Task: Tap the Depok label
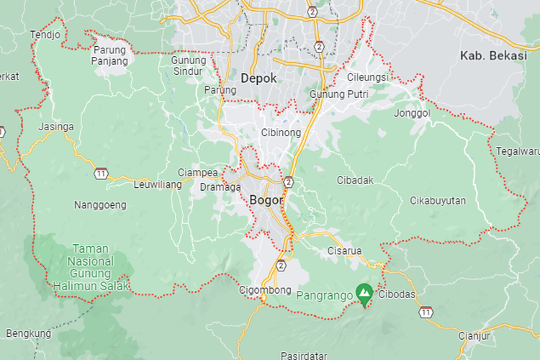[259, 78]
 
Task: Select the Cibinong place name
[281, 133]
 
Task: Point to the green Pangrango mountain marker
[364, 293]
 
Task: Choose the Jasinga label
[56, 127]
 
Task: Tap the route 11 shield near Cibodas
[427, 312]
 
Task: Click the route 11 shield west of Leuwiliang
[101, 174]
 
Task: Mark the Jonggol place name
[412, 113]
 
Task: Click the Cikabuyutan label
[438, 199]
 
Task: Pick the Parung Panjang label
[109, 55]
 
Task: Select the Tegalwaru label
[517, 151]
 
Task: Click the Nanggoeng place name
[100, 205]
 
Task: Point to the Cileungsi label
[368, 76]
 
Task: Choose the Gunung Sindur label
[189, 65]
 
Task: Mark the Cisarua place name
[344, 251]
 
